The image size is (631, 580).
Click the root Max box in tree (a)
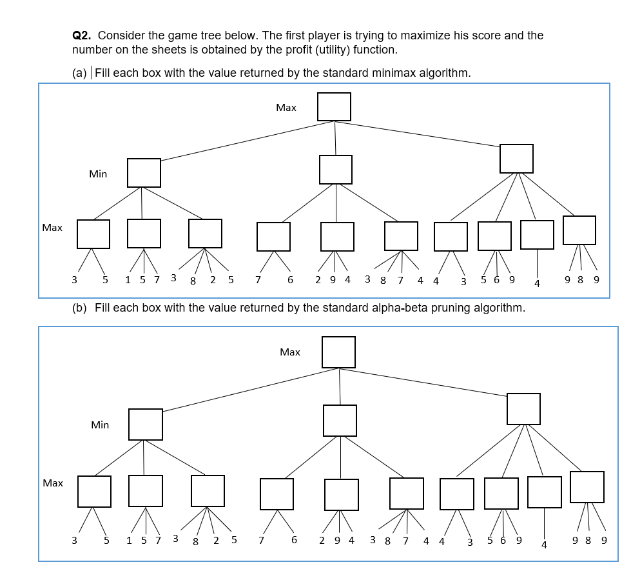coord(334,106)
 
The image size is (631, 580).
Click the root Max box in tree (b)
coord(338,352)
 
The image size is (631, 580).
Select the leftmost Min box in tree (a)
coord(144,173)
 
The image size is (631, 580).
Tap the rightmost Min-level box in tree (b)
coord(523,409)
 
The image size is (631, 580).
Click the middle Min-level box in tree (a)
coord(336,170)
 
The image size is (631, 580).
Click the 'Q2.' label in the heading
coord(83,35)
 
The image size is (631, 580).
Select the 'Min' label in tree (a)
coord(98,174)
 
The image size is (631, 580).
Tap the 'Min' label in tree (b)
coord(100,425)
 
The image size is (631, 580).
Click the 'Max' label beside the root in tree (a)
coord(286,108)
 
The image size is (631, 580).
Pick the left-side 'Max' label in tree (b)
coord(53,483)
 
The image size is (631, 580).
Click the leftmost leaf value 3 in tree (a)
coord(74,280)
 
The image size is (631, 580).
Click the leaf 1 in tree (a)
coord(128,280)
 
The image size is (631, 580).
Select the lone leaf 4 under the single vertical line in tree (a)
coord(537,283)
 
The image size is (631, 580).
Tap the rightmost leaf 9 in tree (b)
coord(604,541)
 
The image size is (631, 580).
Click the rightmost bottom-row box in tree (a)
coord(579,230)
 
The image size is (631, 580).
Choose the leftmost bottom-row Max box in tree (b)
coord(94,492)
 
